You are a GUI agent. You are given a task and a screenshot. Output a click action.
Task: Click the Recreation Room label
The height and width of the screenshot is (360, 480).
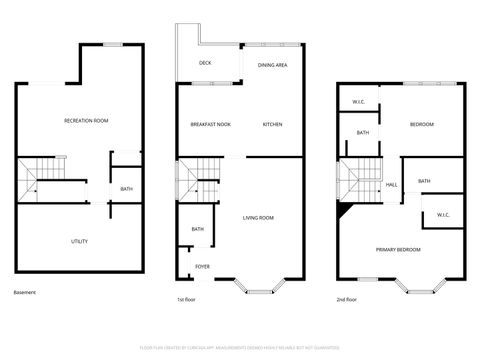click(x=86, y=120)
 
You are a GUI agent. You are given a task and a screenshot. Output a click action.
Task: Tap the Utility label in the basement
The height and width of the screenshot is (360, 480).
click(x=79, y=241)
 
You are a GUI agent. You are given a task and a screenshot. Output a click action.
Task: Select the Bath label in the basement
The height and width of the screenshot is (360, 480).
click(x=126, y=189)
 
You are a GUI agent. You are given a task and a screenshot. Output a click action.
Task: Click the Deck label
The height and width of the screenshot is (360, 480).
click(x=205, y=63)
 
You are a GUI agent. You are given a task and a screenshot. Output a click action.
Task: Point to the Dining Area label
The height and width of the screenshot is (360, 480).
click(x=273, y=65)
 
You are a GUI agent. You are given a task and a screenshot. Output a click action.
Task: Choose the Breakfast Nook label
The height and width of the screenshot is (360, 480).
click(x=211, y=124)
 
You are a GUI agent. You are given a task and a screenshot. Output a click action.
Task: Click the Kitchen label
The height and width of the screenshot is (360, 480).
click(x=273, y=124)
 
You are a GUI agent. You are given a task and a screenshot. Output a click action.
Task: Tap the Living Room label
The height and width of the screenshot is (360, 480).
click(x=258, y=217)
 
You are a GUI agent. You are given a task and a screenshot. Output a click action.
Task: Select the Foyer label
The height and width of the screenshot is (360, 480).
click(x=202, y=266)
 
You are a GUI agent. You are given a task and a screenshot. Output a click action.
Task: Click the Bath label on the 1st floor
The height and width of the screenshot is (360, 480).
click(x=198, y=230)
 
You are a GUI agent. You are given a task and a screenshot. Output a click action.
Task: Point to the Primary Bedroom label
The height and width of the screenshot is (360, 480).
click(x=398, y=249)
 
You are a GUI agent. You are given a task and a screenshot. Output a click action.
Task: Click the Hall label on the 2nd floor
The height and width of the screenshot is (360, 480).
click(x=392, y=185)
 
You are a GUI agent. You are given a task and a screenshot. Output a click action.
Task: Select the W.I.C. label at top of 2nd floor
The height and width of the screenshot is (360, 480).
click(x=358, y=102)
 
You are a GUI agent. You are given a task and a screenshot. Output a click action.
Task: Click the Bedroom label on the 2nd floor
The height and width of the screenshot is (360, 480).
click(x=421, y=124)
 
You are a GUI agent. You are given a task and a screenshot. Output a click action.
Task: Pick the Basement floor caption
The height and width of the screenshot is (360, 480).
click(x=25, y=292)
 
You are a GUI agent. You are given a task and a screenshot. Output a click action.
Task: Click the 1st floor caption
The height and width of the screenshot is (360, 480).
click(x=187, y=298)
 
